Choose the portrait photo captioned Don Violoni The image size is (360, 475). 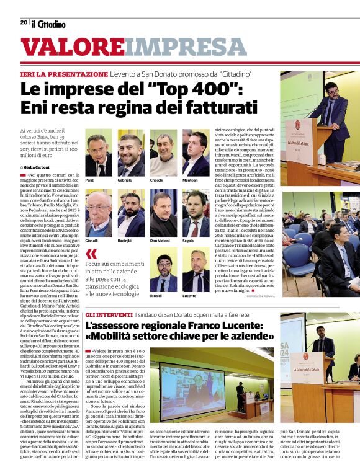[163, 214]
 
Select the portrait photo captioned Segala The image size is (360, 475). [196, 214]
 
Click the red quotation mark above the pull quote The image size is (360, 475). [92, 254]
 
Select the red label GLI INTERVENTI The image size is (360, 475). [109, 315]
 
